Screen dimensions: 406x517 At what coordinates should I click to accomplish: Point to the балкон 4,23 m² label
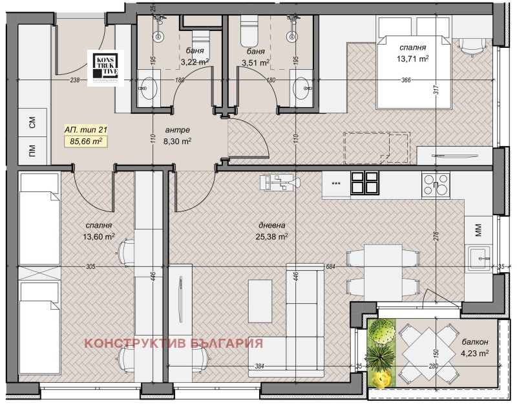point(475,347)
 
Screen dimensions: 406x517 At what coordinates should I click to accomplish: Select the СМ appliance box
point(32,121)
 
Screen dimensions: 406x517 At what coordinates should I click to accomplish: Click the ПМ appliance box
point(32,151)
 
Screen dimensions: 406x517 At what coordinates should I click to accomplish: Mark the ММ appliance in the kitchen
point(478,228)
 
